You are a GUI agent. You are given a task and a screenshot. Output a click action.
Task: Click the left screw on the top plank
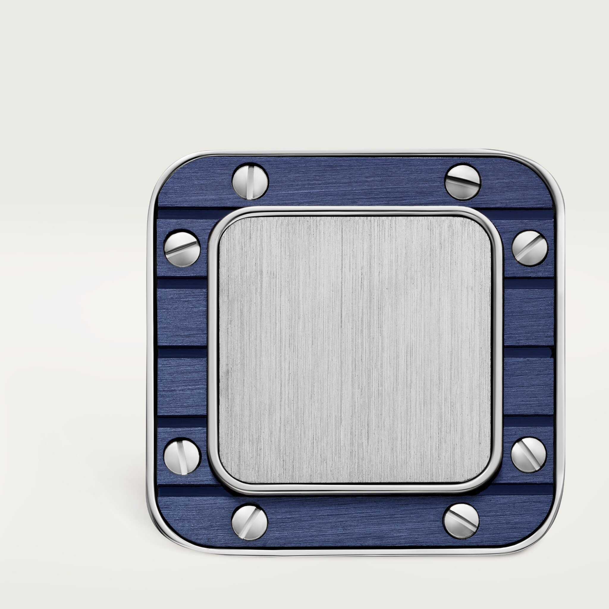[250, 181]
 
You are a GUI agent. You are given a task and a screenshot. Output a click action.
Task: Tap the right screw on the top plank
[462, 182]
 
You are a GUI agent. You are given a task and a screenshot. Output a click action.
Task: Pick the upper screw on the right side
[530, 248]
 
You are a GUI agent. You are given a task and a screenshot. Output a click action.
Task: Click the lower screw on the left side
[182, 456]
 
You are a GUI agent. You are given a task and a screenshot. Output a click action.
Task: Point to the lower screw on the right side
[529, 455]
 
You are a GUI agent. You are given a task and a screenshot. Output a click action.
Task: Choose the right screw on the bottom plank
[461, 521]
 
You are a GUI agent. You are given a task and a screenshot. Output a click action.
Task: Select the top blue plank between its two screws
[356, 181]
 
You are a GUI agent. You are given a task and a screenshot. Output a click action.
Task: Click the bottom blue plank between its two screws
[355, 522]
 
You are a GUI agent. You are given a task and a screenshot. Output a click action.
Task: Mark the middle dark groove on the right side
[529, 352]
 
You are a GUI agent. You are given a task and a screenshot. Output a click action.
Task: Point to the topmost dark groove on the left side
[182, 214]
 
